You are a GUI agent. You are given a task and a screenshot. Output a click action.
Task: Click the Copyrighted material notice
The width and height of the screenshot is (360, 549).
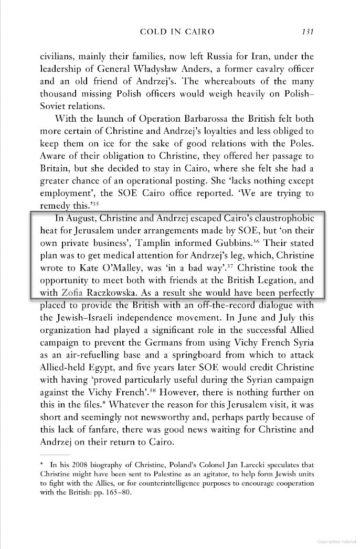coord(336,541)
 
